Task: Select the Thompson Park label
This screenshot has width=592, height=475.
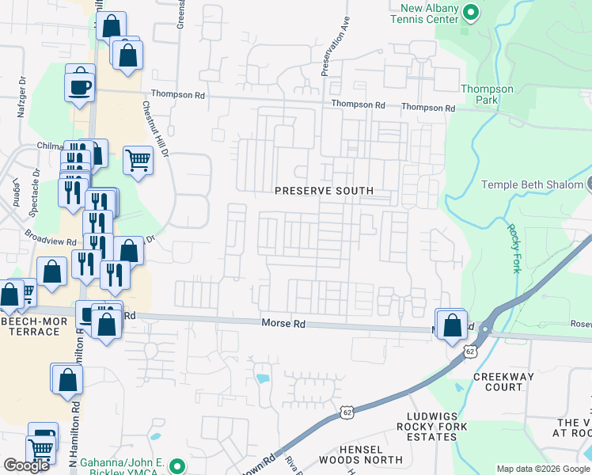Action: [x=487, y=94]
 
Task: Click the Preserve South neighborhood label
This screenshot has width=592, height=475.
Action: [x=324, y=191]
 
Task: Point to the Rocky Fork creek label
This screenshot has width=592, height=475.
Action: [x=512, y=248]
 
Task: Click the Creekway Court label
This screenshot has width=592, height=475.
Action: [x=499, y=382]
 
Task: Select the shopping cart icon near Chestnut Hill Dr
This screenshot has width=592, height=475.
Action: [x=138, y=159]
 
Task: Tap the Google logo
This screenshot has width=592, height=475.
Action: [x=26, y=465]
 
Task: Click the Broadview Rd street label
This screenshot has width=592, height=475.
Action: [x=50, y=237]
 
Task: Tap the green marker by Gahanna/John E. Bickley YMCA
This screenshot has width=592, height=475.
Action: [x=178, y=466]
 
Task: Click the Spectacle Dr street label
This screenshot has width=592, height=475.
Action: [x=36, y=182]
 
